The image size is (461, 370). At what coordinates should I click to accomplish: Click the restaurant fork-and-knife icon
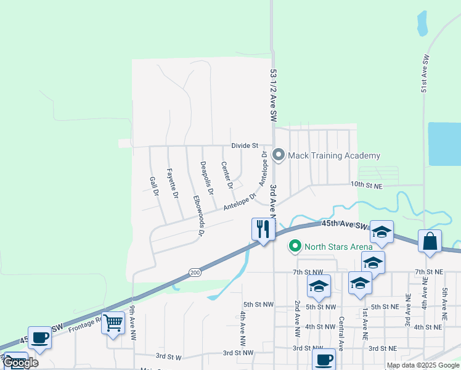[263, 229]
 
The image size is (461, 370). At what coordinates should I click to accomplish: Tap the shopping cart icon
[113, 323]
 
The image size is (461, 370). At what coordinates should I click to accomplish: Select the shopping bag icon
[430, 241]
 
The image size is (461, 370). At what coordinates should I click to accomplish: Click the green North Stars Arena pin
[295, 247]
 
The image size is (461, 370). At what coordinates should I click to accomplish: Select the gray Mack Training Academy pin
[279, 155]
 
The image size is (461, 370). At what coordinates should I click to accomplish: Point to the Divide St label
[245, 146]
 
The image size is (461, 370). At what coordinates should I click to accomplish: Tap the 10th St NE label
[366, 184]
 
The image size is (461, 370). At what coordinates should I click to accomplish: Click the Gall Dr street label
[154, 187]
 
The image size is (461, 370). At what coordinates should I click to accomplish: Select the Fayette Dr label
[172, 183]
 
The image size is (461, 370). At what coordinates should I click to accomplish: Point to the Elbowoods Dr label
[198, 216]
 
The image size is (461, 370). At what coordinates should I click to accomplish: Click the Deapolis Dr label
[206, 178]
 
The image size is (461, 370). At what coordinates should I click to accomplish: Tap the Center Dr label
[226, 175]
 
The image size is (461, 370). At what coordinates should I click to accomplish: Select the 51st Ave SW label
[425, 73]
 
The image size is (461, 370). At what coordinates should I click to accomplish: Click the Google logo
[20, 363]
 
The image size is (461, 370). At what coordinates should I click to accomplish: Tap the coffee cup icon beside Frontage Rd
[40, 338]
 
